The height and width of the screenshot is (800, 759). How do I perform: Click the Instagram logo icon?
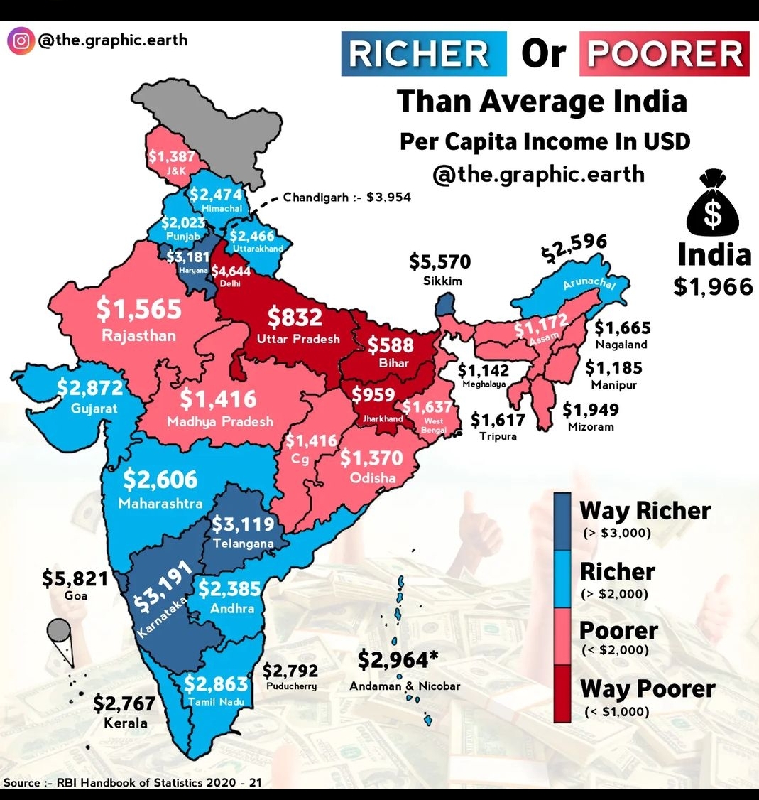tap(21, 40)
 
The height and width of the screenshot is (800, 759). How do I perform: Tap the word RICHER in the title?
tap(422, 55)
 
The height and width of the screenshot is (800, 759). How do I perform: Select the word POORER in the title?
tap(664, 55)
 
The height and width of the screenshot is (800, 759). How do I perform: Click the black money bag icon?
tap(711, 203)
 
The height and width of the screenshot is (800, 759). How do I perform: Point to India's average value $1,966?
tap(713, 286)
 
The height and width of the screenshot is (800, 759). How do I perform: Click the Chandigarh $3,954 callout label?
tap(346, 197)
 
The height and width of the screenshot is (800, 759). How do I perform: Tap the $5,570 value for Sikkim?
tap(439, 262)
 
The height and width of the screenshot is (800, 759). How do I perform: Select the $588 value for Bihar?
tap(391, 345)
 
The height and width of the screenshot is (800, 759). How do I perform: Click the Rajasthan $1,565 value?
tap(139, 309)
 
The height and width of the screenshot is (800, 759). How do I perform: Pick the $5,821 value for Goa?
tap(75, 579)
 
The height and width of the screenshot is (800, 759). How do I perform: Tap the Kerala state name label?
tap(126, 723)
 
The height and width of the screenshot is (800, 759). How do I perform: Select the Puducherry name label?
tap(292, 686)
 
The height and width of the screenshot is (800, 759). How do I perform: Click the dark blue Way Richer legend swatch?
tap(562, 521)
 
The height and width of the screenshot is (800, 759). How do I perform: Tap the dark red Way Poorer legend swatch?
tap(562, 693)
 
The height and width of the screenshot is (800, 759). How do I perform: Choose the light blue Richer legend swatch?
tap(562, 579)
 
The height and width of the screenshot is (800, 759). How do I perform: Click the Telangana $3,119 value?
tap(243, 524)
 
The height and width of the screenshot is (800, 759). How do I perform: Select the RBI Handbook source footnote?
tap(133, 782)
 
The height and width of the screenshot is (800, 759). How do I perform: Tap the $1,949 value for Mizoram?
tap(590, 410)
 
